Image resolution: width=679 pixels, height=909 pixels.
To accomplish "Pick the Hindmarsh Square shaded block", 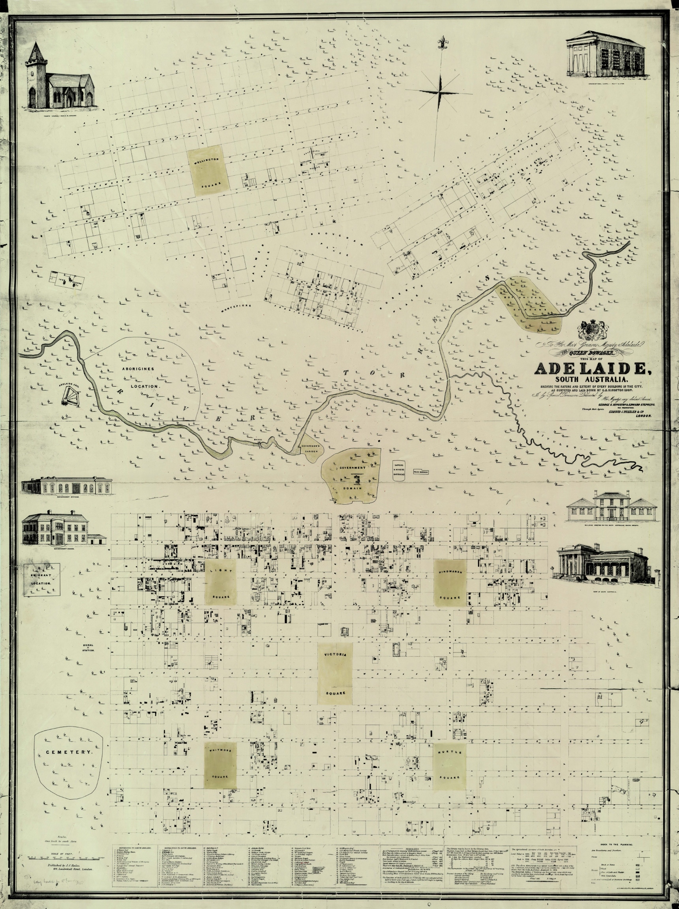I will pyautogui.click(x=450, y=583).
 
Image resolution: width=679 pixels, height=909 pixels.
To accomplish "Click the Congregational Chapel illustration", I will pyautogui.click(x=606, y=54).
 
